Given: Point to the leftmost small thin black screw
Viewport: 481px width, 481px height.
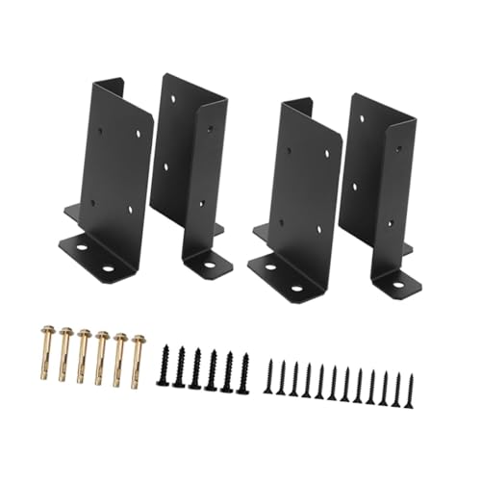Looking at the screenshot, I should (x=272, y=379).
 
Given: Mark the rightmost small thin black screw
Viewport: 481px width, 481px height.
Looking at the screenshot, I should (x=409, y=382).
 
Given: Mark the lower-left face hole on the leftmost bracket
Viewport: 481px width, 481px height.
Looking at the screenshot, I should (x=94, y=203).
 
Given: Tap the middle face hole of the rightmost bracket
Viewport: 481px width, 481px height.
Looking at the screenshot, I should (x=355, y=181).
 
